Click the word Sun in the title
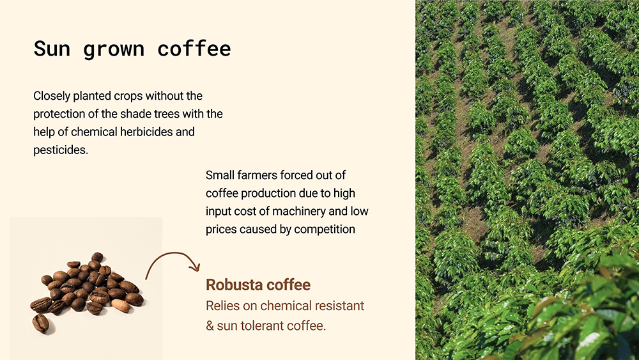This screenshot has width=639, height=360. [52, 49]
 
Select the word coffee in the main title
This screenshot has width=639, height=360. [194, 49]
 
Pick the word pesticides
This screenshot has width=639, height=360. [61, 150]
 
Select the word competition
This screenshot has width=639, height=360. [325, 230]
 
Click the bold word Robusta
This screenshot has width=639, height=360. [234, 285]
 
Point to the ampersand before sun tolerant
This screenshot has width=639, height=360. [210, 325]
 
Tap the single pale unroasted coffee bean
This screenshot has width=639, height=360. [121, 306]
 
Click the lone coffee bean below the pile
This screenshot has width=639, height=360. [41, 323]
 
